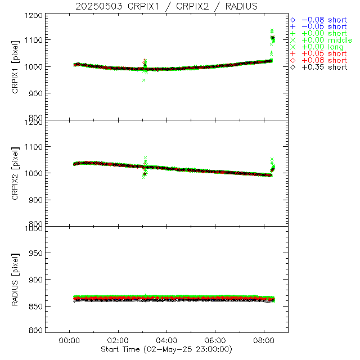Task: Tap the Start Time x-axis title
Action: point(167,349)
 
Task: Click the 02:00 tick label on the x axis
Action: point(118,340)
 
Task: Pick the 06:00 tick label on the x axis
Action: point(215,340)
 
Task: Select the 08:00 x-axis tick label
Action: point(264,340)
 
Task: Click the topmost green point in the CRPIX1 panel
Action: point(272,30)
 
